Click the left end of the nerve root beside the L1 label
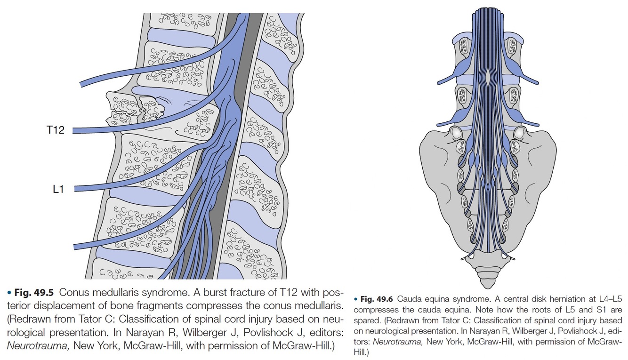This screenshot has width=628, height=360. (x=77, y=189)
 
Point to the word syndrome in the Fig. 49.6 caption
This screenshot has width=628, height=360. (x=476, y=299)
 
